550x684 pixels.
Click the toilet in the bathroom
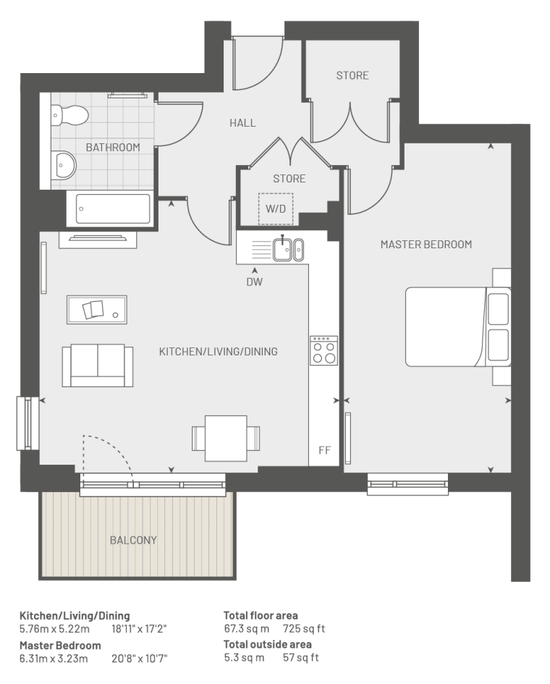(x=69, y=115)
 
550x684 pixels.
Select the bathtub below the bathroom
(x=112, y=208)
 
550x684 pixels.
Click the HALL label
(x=242, y=123)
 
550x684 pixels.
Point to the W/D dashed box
(x=276, y=209)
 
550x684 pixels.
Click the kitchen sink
(x=288, y=249)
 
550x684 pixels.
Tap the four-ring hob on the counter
(x=323, y=350)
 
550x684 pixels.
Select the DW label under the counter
(x=255, y=282)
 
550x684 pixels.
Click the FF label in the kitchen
(x=324, y=450)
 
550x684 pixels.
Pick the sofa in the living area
(x=97, y=366)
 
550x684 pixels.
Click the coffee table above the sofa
(x=97, y=310)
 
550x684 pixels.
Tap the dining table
(x=226, y=439)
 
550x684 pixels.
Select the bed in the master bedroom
(x=458, y=326)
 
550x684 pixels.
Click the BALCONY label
(x=133, y=541)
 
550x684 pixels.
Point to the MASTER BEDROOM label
(x=426, y=245)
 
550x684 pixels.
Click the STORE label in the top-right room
(x=352, y=75)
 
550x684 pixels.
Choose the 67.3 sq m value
(x=247, y=629)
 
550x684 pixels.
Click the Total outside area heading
(x=267, y=644)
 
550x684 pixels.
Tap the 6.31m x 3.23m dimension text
(x=54, y=658)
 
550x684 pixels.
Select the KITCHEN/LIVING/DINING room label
(x=218, y=352)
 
